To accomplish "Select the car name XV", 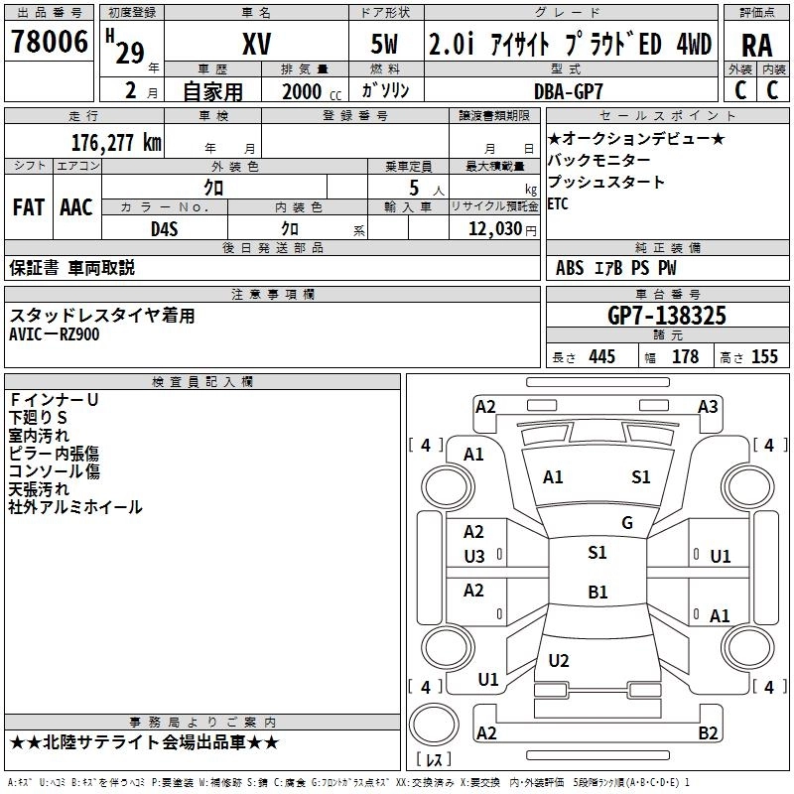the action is pos(256,44).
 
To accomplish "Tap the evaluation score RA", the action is pos(756,45).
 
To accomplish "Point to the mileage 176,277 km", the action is pos(116,142).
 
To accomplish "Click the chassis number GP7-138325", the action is pos(667,316).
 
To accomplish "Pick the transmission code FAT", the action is pos(28,207).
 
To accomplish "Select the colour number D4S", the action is pos(164,229).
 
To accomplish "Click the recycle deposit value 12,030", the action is pos(492,229).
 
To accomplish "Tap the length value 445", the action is pos(601,356).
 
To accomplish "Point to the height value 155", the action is pos(764,356).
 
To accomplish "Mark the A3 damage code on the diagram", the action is pos(708,406).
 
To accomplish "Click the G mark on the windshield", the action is pos(627,523).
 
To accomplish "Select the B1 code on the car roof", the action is pos(597,593).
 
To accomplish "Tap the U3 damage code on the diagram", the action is pos(474,557).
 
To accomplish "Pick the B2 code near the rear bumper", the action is pos(708,733).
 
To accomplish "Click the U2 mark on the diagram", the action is pos(559,661).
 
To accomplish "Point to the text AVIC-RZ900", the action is pos(55,334).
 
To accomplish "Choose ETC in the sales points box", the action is pos(558,204).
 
